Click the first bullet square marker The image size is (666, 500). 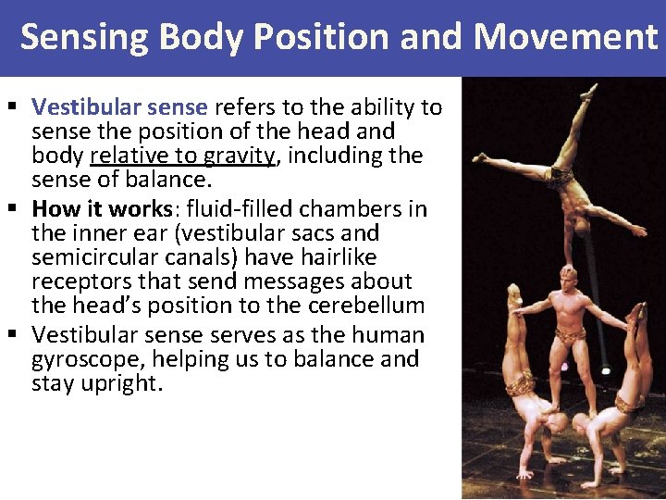(x=9, y=107)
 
